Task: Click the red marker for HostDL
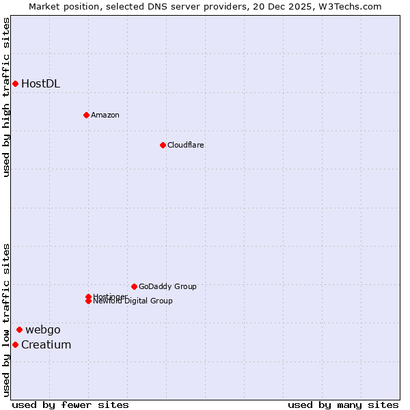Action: [15, 83]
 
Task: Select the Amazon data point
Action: [86, 115]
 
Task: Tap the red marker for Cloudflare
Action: [163, 145]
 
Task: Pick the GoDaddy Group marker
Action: [134, 286]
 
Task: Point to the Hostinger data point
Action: [89, 297]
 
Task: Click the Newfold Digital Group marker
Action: [89, 301]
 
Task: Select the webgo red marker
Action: [19, 329]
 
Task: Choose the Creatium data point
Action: [15, 344]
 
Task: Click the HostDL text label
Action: [40, 84]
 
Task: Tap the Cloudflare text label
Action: [185, 146]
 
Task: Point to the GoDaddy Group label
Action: [167, 287]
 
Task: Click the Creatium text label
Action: [46, 345]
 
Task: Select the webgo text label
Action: [43, 330]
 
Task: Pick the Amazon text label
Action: [105, 115]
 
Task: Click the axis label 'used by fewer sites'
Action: [70, 405]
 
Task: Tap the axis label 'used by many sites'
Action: [343, 405]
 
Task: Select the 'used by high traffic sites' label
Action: [6, 97]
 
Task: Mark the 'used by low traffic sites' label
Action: [6, 320]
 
